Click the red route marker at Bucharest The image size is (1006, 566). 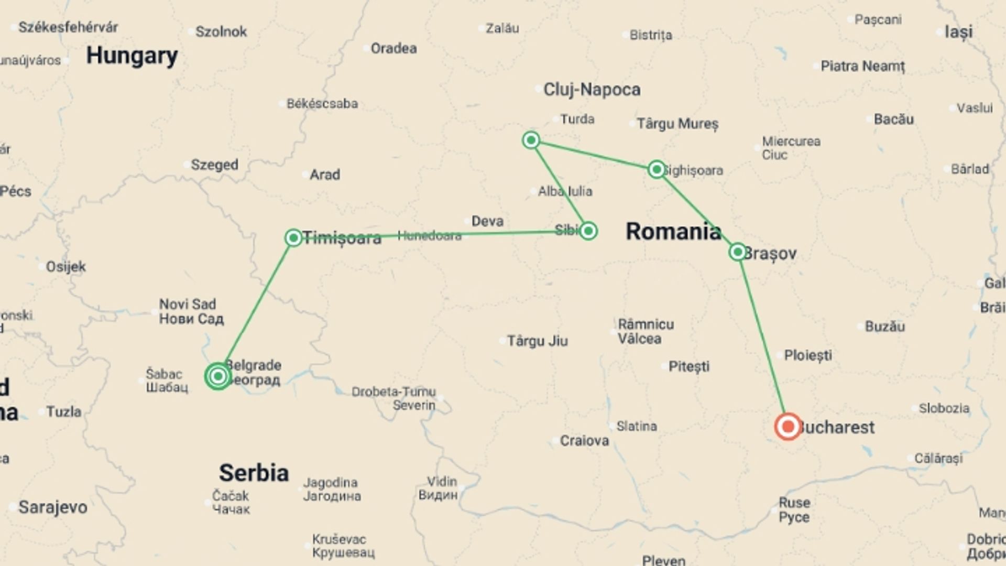pyautogui.click(x=788, y=427)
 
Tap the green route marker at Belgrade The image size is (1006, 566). pyautogui.click(x=217, y=376)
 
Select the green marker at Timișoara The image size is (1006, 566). pyautogui.click(x=293, y=237)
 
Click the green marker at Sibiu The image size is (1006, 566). pyautogui.click(x=588, y=231)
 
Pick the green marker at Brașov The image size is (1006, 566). pyautogui.click(x=737, y=252)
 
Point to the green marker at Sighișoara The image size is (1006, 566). pyautogui.click(x=656, y=169)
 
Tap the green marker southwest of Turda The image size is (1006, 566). pyautogui.click(x=531, y=140)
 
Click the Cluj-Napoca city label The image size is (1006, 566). pyautogui.click(x=592, y=90)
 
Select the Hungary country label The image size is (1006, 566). pyautogui.click(x=132, y=56)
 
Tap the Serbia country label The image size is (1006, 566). pyautogui.click(x=254, y=473)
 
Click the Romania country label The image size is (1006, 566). pyautogui.click(x=673, y=231)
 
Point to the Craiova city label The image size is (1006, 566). pyautogui.click(x=584, y=441)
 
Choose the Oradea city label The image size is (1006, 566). pyautogui.click(x=393, y=48)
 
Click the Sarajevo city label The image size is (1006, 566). pyautogui.click(x=53, y=507)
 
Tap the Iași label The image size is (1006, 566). pyautogui.click(x=958, y=32)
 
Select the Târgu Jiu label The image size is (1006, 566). pyautogui.click(x=537, y=341)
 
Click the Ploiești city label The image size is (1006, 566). pyautogui.click(x=807, y=355)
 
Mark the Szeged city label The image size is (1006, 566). pyautogui.click(x=214, y=165)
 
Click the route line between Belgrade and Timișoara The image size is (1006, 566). pyautogui.click(x=256, y=307)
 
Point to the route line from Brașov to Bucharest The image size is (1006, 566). pyautogui.click(x=762, y=340)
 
